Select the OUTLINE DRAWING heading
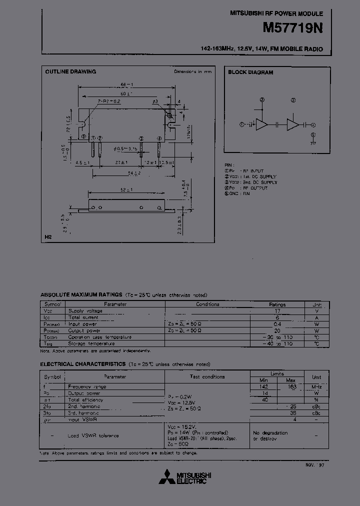(x=70, y=72)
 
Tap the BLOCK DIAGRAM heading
(x=250, y=72)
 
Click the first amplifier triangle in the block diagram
(x=261, y=124)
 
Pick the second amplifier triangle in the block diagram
(x=292, y=124)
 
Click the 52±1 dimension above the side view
(x=125, y=189)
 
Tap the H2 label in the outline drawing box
(x=48, y=237)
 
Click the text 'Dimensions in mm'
(x=192, y=72)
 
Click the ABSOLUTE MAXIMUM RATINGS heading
(x=81, y=295)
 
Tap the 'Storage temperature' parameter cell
(x=91, y=343)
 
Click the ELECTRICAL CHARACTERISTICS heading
(x=82, y=364)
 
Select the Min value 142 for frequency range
(x=263, y=386)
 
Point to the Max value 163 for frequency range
(x=291, y=386)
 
